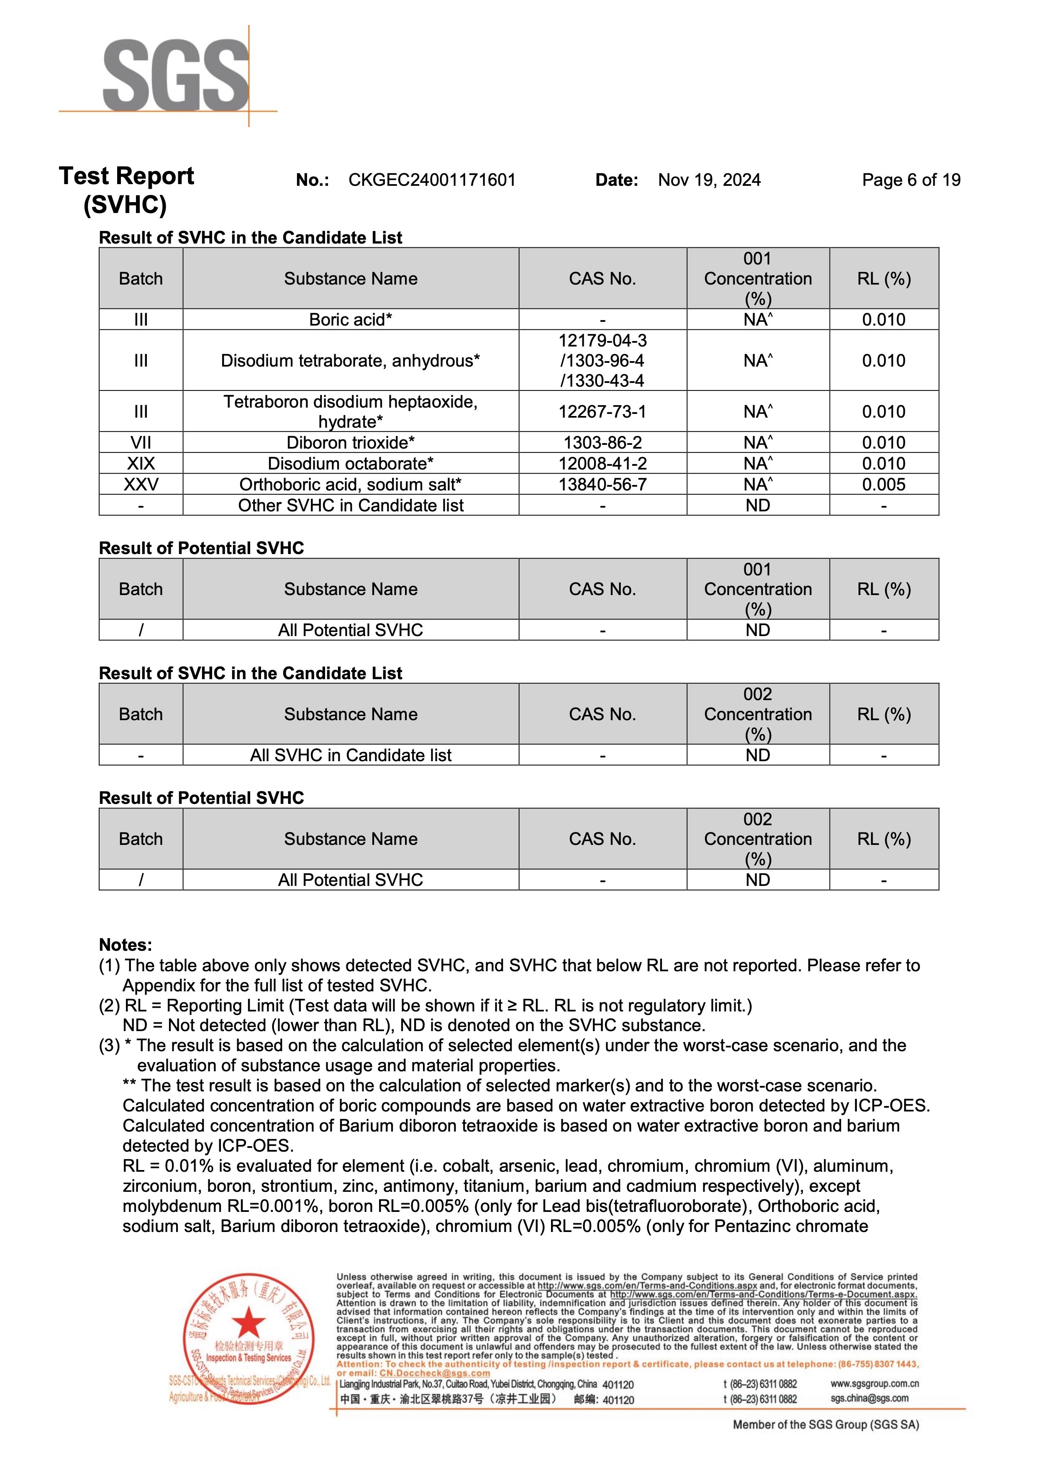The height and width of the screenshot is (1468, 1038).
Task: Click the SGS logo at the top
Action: click(175, 75)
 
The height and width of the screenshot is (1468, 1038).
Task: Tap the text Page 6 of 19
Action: click(911, 180)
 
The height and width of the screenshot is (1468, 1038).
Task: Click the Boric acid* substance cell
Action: click(350, 320)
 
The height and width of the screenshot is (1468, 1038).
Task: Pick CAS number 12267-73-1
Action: click(602, 412)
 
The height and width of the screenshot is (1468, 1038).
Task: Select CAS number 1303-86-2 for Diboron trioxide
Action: click(602, 442)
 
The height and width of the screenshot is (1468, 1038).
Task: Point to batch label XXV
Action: click(141, 485)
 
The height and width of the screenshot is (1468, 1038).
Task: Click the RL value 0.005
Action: click(883, 485)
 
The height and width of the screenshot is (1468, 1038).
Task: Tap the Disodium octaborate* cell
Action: click(350, 464)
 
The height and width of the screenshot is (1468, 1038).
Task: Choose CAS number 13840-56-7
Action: click(602, 485)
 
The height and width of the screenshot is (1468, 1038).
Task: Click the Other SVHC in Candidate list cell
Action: click(350, 506)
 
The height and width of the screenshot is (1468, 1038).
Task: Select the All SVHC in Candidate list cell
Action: click(350, 755)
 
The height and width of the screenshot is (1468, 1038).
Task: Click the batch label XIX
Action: click(141, 464)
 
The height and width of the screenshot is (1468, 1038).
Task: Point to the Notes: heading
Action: click(125, 945)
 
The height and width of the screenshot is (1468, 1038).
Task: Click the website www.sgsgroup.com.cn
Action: click(874, 1383)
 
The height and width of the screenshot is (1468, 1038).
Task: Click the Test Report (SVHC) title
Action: click(126, 190)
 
